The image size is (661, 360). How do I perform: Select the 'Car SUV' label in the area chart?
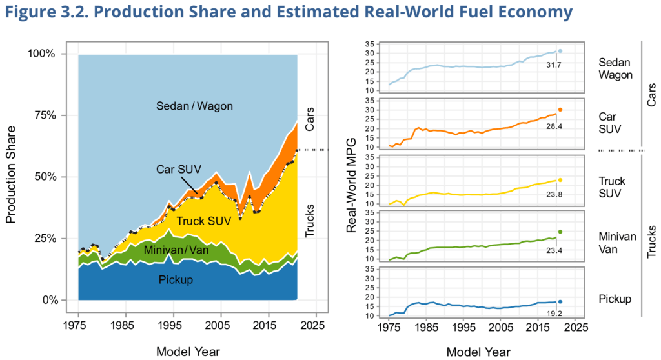179,169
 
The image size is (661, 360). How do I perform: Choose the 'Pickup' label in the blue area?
176,279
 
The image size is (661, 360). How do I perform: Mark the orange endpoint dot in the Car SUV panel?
560,110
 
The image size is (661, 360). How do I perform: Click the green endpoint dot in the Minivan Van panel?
560,232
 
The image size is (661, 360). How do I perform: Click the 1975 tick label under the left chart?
77,325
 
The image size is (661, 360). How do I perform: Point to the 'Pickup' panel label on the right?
615,299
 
